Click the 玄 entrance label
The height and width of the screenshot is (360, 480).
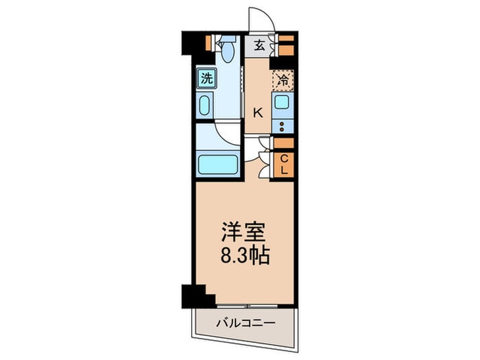[259, 46]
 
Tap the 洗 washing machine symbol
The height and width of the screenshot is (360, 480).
[206, 78]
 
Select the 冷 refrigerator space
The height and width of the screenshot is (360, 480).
[283, 80]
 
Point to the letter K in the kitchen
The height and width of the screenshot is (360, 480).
[258, 114]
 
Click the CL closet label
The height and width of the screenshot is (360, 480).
[284, 165]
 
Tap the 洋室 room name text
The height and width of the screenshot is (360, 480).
[243, 232]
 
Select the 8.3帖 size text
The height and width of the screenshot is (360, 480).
[245, 256]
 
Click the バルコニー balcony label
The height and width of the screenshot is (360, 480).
[245, 323]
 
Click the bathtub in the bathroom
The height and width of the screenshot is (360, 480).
[218, 165]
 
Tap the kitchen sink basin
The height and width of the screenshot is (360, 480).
[281, 102]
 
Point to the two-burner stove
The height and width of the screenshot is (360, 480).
[283, 126]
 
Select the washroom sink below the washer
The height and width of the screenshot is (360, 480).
[205, 105]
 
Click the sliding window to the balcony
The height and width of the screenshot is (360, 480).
[248, 306]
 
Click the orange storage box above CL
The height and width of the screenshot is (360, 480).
[284, 143]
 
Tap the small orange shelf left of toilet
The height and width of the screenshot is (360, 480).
[208, 43]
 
